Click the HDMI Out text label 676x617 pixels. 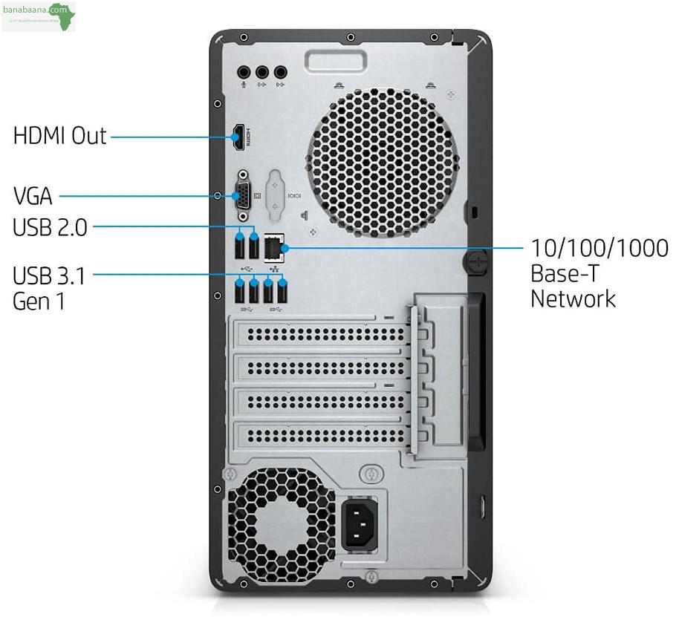coord(60,136)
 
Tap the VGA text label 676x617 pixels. coord(33,197)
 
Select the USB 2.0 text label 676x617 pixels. coord(50,228)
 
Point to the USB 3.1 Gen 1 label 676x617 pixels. coord(49,290)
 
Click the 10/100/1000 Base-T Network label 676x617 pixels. coord(599,273)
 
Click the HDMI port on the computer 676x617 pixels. coord(239,137)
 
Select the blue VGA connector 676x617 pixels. coord(242,197)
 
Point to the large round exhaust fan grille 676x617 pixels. coord(382,163)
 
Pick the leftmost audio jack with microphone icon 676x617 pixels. coord(244,73)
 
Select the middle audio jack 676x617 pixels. coord(261,73)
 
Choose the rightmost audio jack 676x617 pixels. coord(280,73)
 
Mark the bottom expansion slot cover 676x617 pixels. coord(319,435)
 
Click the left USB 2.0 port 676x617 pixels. coord(240,245)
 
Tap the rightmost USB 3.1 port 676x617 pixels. coord(282,293)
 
